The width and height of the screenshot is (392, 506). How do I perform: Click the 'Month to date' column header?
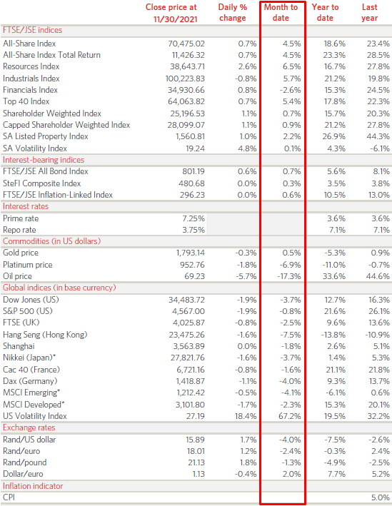282,12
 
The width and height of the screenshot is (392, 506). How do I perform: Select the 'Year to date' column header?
325,12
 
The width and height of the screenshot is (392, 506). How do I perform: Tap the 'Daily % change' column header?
232,12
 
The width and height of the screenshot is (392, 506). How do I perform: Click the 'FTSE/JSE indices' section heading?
32,31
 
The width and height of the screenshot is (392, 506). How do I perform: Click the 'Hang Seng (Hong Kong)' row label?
45,334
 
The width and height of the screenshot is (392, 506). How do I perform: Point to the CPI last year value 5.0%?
381,497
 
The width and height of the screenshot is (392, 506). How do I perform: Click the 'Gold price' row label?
22,253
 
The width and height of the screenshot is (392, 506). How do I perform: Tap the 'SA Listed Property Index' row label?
46,136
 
